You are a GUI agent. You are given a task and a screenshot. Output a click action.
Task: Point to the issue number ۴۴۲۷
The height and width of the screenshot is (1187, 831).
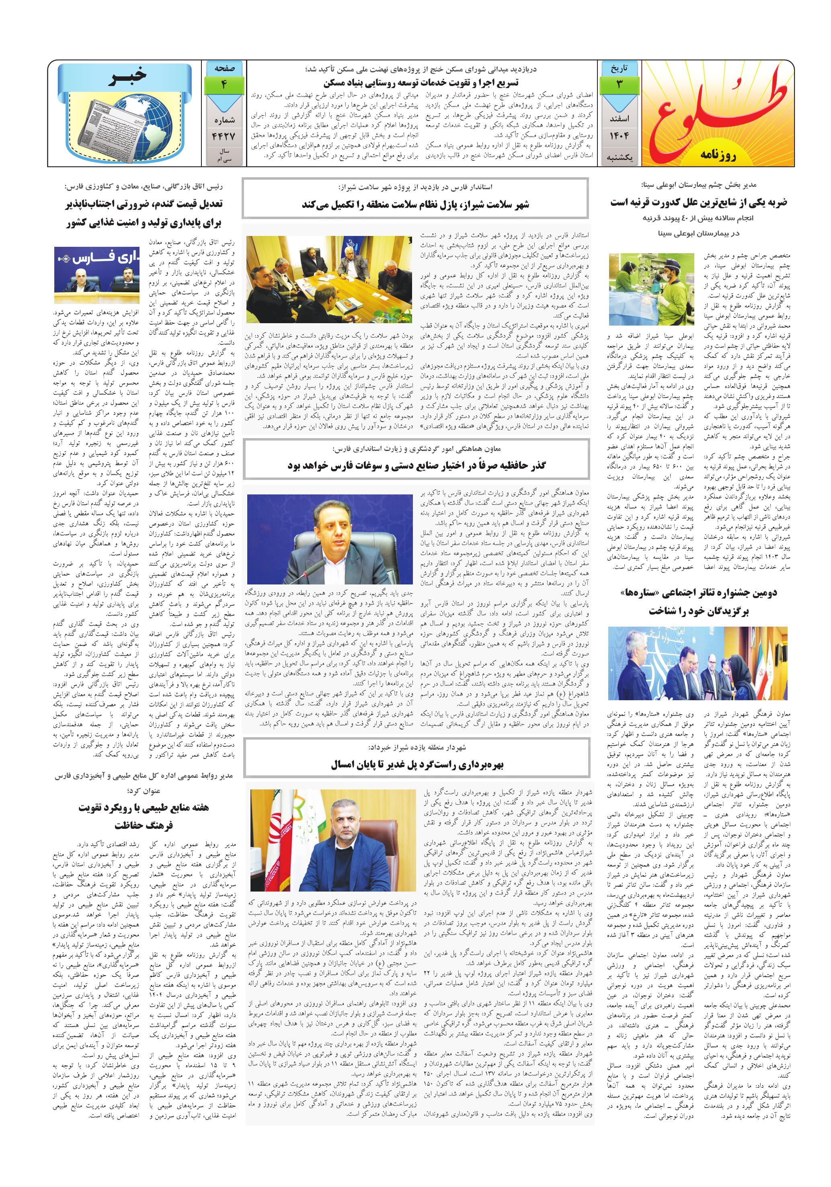(x=224, y=136)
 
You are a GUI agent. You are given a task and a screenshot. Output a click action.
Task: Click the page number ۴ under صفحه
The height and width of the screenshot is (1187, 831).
(x=224, y=85)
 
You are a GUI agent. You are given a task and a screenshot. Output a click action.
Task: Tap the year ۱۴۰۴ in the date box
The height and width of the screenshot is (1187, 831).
(x=619, y=136)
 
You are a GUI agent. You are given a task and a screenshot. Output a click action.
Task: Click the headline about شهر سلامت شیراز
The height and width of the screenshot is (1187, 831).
(x=415, y=205)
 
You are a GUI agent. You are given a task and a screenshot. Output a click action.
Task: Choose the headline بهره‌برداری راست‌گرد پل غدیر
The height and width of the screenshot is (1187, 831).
(x=417, y=765)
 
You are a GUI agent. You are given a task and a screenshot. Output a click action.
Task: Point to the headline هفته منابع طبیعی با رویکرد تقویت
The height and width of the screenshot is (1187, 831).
(x=144, y=808)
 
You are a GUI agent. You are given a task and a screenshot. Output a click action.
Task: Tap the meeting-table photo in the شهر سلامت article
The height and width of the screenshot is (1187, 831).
(x=329, y=279)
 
